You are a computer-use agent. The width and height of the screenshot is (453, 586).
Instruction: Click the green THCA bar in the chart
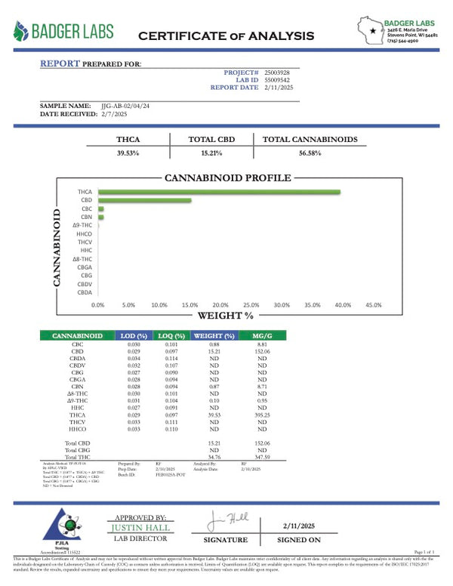[219, 192]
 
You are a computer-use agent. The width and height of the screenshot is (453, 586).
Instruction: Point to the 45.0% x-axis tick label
[373, 304]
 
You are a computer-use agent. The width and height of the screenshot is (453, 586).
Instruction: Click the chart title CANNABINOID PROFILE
[227, 178]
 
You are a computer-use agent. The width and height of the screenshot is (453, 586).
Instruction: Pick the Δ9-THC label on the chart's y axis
[82, 226]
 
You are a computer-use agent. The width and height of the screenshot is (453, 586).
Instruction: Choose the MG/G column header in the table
[262, 335]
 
